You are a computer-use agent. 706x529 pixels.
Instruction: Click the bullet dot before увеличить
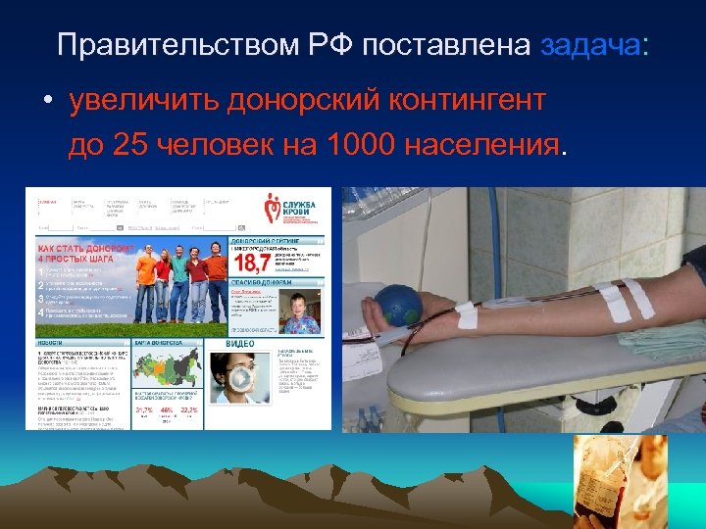(x=47, y=103)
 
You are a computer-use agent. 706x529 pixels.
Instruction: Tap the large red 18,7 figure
(x=251, y=262)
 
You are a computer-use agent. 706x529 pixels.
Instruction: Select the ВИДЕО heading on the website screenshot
(x=240, y=344)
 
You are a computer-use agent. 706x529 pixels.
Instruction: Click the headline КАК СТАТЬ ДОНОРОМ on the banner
(x=85, y=250)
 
